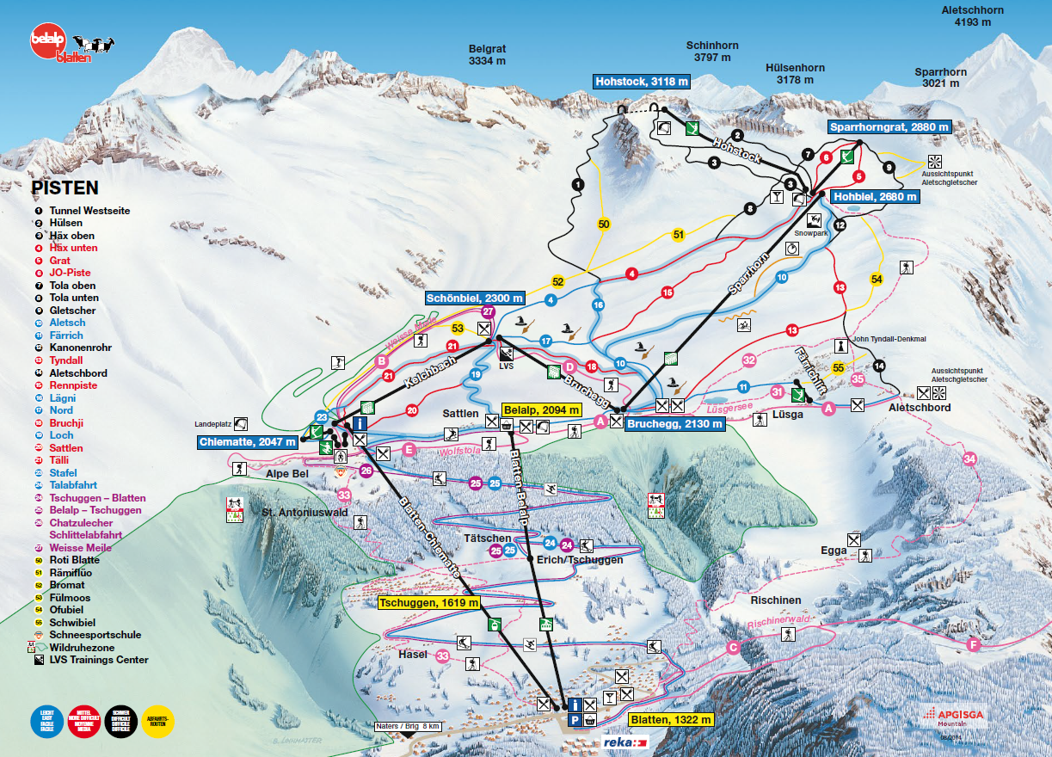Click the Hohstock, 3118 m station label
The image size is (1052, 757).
coord(643,82)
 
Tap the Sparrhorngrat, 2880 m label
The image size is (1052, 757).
coord(890,126)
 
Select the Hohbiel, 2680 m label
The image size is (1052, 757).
coord(875,197)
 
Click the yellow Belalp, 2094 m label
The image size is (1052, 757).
coord(542,410)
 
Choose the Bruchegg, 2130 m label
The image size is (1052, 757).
coord(675,424)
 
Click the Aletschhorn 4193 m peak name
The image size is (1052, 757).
coord(973,16)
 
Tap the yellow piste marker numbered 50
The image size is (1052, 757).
coord(604,225)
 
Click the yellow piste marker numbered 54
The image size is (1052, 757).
coord(877,280)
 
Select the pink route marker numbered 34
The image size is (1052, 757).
coord(970,459)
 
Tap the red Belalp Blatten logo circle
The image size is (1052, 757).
coord(47,43)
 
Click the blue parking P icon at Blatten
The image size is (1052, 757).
coord(574,719)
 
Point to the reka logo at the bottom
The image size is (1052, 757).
coord(624,742)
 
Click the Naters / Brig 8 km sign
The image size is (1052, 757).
coord(409,726)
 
